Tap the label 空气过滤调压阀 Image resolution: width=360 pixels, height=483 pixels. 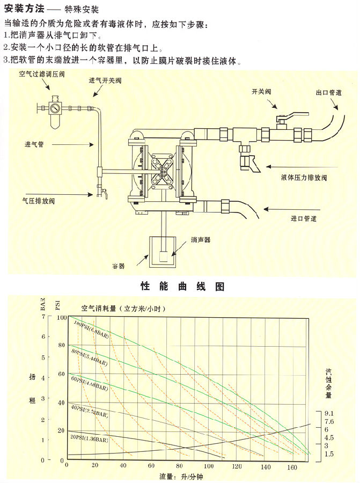(42, 74)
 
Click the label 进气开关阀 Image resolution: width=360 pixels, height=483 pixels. (105, 80)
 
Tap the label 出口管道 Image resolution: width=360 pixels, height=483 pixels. (329, 92)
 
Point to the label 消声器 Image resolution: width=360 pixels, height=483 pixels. (200, 239)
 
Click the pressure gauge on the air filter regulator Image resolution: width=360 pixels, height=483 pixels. (54, 107)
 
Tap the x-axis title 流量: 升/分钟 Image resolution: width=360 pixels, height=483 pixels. (181, 476)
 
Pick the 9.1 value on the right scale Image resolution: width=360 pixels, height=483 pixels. (329, 413)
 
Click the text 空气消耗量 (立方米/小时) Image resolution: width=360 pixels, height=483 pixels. (123, 309)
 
